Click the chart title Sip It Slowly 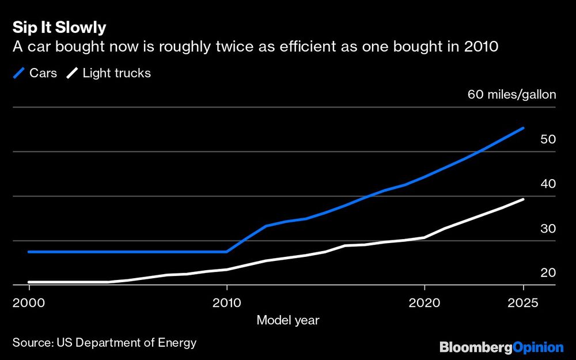point(59,28)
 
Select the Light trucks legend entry point(109,73)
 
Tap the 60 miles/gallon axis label point(511,94)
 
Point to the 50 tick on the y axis point(548,139)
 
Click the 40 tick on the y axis point(548,184)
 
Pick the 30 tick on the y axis point(548,228)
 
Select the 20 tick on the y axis point(548,272)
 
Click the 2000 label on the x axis point(28,302)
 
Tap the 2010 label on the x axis point(226,302)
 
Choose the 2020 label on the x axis point(424,302)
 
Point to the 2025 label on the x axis point(523,302)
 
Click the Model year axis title point(288,320)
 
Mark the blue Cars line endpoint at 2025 point(523,128)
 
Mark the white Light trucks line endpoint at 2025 point(523,199)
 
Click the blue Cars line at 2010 point(226,252)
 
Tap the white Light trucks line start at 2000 point(29,282)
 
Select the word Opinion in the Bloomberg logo point(538,347)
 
